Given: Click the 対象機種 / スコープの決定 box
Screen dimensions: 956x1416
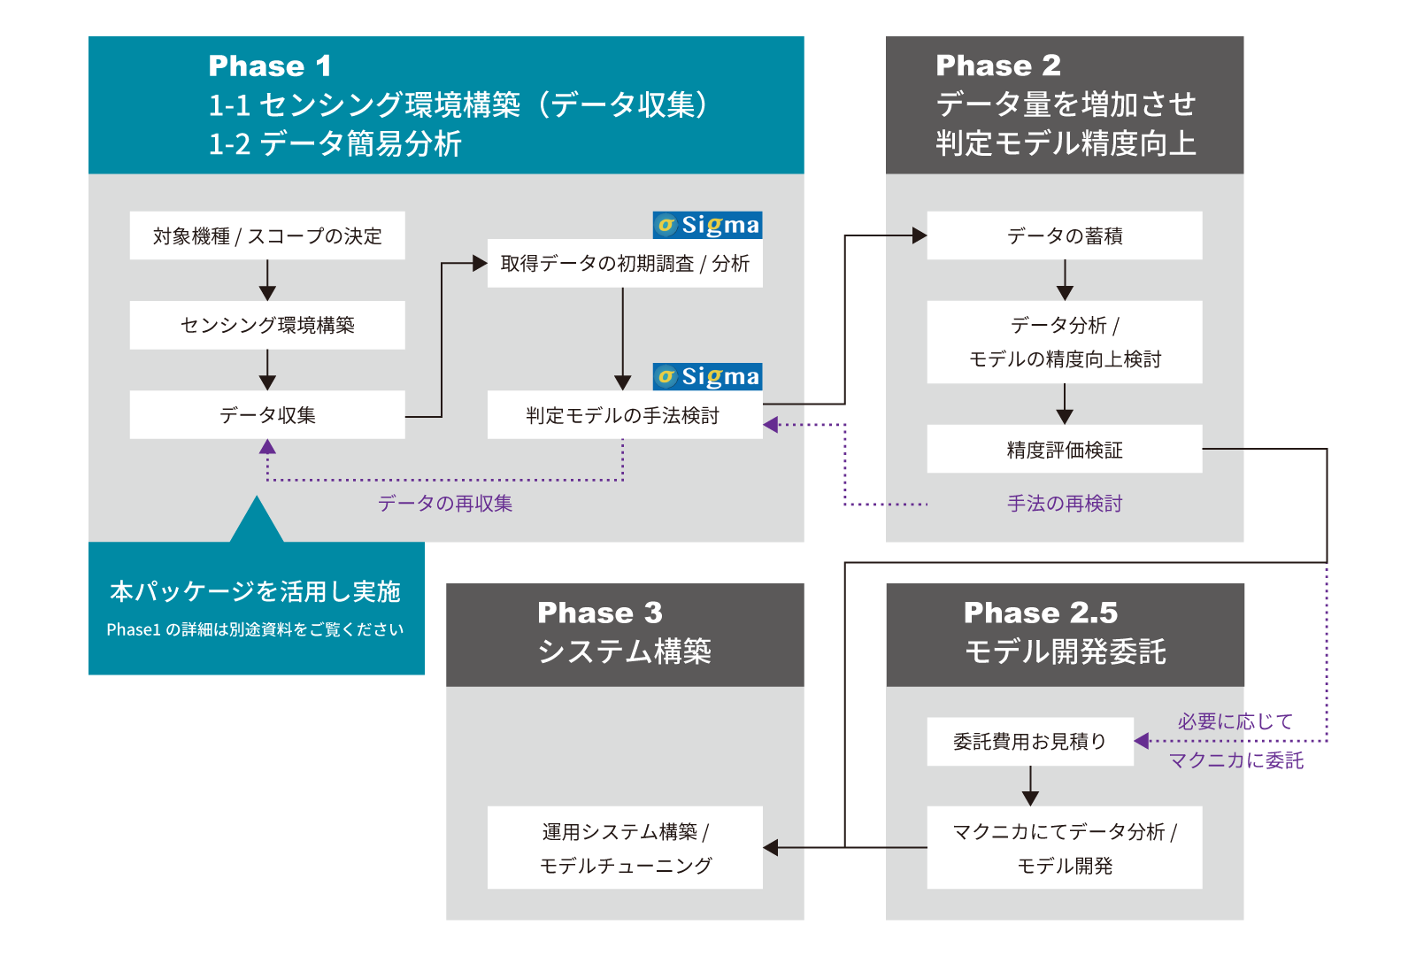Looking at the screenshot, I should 267,235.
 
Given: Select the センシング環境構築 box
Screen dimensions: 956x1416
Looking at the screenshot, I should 267,325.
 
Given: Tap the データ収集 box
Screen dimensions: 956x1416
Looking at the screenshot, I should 267,414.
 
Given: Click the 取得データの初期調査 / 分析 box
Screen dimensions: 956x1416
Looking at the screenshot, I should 625,263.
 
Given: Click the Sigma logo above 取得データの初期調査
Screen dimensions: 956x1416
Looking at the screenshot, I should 708,225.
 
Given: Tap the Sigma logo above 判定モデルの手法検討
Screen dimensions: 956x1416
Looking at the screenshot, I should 708,376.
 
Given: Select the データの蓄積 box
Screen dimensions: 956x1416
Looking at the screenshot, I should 1065,235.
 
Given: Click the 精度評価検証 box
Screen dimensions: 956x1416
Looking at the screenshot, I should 1065,450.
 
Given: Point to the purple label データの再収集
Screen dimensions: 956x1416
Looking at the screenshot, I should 445,503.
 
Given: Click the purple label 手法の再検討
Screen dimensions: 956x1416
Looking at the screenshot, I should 1065,503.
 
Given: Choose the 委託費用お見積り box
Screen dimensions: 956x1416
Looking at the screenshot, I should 1030,741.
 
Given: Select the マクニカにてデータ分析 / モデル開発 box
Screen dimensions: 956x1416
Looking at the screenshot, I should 1065,847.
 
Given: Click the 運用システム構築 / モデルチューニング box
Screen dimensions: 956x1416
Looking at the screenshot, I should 625,847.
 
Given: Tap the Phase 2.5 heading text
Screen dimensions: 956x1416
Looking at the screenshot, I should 1041,613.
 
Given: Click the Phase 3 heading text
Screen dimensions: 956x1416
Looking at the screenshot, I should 600,613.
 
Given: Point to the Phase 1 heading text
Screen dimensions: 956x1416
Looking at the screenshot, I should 270,66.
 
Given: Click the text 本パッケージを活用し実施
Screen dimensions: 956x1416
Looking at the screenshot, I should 256,591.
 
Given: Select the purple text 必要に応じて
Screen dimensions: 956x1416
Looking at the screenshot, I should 1235,721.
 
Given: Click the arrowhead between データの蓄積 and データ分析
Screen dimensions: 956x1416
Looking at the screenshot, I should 1065,292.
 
